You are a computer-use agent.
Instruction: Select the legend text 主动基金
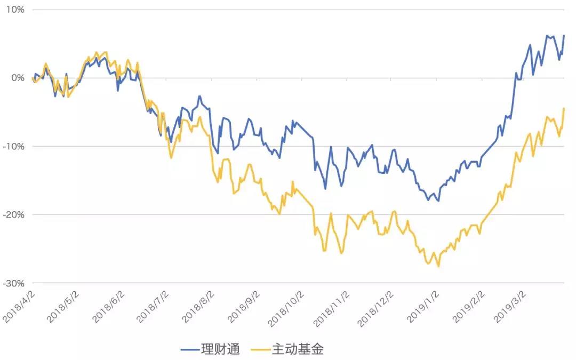[298, 349]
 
